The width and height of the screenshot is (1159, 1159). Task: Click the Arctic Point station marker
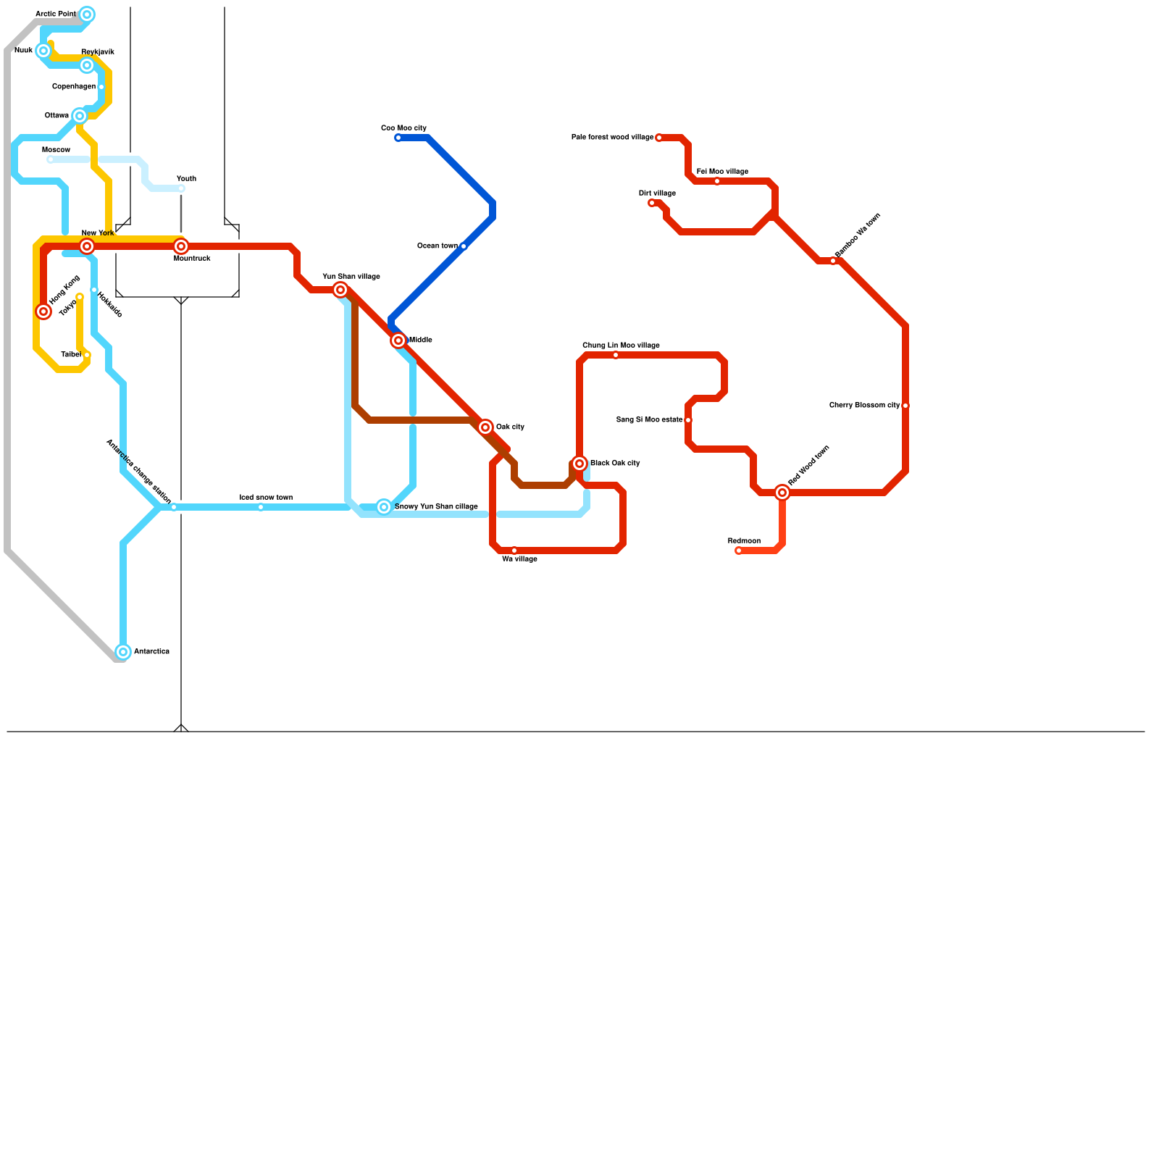pyautogui.click(x=87, y=14)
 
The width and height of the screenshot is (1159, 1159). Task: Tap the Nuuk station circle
pyautogui.click(x=43, y=51)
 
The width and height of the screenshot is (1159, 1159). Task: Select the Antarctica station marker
pyautogui.click(x=123, y=652)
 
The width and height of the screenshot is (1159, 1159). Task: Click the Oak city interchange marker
pyautogui.click(x=485, y=427)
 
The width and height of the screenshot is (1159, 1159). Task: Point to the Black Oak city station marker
pyautogui.click(x=579, y=464)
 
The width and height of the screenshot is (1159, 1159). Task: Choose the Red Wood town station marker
pyautogui.click(x=782, y=493)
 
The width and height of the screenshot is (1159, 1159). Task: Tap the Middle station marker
pyautogui.click(x=398, y=340)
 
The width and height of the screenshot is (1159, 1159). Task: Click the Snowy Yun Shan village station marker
pyautogui.click(x=384, y=507)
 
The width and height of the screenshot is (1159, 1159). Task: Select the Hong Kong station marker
pyautogui.click(x=43, y=311)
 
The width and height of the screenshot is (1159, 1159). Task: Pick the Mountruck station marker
pyautogui.click(x=181, y=246)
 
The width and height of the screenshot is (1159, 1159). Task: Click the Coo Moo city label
pyautogui.click(x=403, y=128)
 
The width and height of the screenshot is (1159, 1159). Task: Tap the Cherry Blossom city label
pyautogui.click(x=864, y=406)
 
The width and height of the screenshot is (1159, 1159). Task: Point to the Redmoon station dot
pyautogui.click(x=738, y=551)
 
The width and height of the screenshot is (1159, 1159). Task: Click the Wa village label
pyautogui.click(x=519, y=559)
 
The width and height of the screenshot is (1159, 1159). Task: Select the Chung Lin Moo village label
pyautogui.click(x=621, y=346)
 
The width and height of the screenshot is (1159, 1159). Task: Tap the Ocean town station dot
pyautogui.click(x=464, y=246)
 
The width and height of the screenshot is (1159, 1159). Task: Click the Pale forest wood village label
pyautogui.click(x=612, y=137)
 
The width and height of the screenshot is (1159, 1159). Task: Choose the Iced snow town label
pyautogui.click(x=266, y=498)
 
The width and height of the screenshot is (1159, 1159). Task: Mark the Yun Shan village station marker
pyautogui.click(x=340, y=290)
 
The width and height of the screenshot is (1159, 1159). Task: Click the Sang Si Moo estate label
pyautogui.click(x=649, y=420)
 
